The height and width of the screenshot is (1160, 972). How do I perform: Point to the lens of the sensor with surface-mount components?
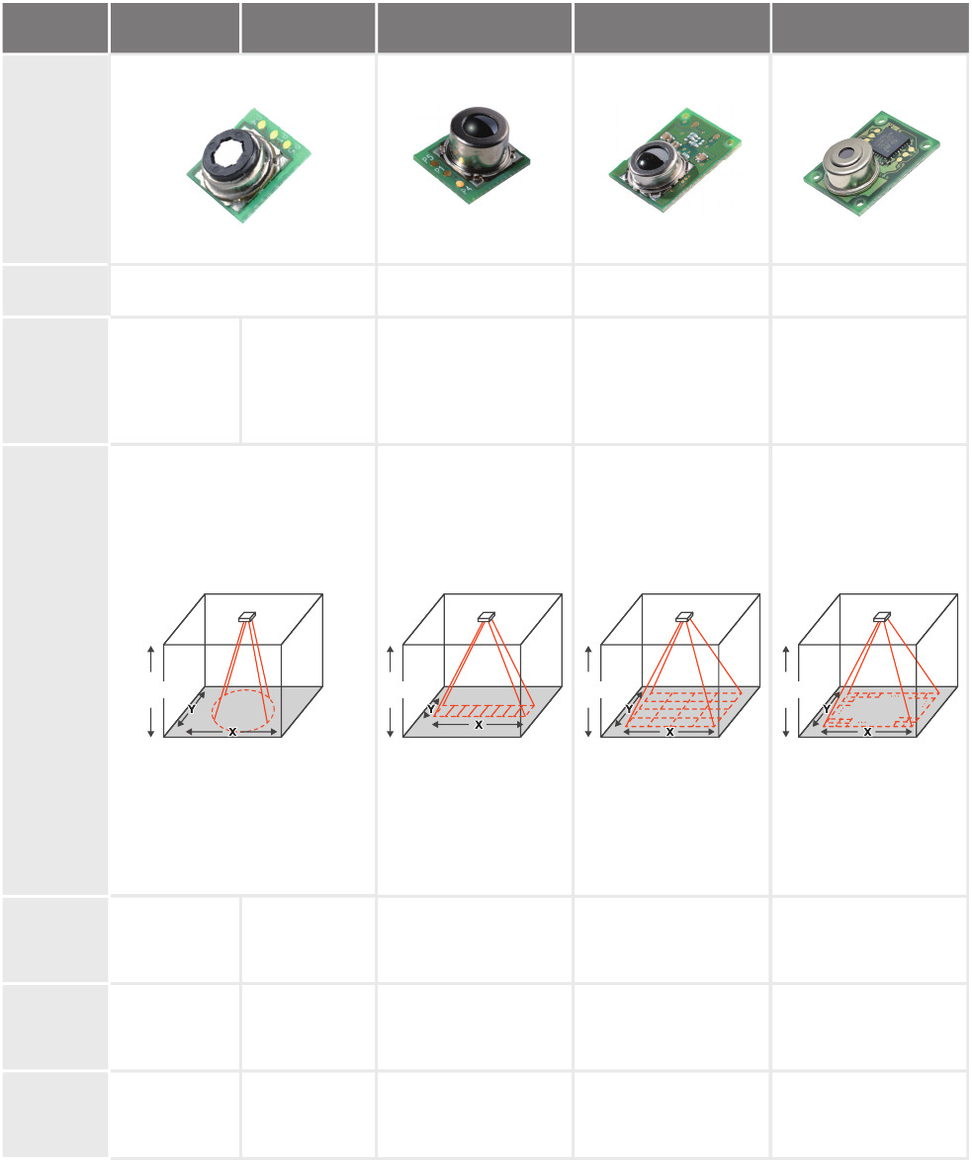pos(649,160)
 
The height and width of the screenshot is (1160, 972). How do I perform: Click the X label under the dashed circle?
pos(232,732)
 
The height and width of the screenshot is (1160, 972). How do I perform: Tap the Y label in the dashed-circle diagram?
pos(192,709)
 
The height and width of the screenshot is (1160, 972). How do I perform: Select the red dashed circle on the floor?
pos(243,709)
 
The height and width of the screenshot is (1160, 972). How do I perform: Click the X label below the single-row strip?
pos(479,725)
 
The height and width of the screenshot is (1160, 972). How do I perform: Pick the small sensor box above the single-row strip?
pos(486,616)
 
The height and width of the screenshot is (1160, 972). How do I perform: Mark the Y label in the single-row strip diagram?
pos(430,709)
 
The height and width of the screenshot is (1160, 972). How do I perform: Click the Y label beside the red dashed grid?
pos(630,708)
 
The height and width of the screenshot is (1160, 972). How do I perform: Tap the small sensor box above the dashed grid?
pos(684,616)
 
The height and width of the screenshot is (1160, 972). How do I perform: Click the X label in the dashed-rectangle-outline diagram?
pos(868,732)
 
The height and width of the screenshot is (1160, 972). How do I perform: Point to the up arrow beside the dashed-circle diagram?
pos(151,659)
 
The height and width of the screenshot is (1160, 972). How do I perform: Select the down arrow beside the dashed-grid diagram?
pos(588,723)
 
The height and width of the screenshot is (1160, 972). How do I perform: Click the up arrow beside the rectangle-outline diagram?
pos(786,659)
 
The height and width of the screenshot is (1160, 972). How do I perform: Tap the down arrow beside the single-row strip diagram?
pos(391,723)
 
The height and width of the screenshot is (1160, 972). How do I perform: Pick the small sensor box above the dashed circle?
pos(247,616)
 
